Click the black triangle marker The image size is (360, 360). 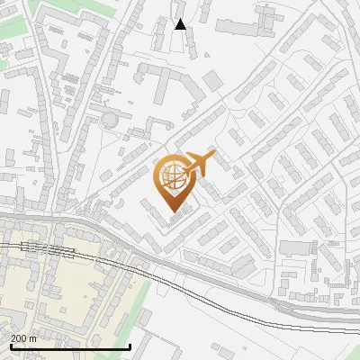180,24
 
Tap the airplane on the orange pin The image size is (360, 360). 201,164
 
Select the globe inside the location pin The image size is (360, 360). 171,176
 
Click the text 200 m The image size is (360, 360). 23,338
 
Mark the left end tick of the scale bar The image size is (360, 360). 10,346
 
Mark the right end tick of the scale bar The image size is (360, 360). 130,346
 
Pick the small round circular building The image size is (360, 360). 109,119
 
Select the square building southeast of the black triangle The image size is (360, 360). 212,81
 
